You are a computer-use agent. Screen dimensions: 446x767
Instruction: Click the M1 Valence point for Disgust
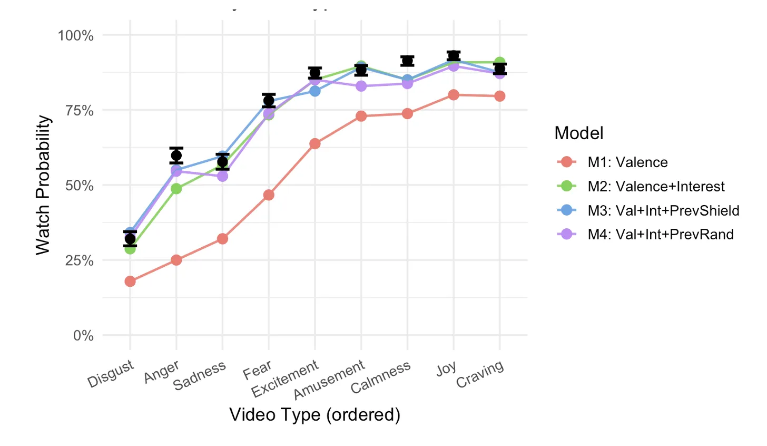point(130,282)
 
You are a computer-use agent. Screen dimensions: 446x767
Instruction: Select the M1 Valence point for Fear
point(269,195)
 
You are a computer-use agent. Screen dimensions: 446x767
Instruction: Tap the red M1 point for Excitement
point(315,144)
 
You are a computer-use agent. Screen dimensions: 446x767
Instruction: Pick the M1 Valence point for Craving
point(500,96)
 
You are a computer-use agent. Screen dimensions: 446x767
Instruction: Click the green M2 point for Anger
point(176,189)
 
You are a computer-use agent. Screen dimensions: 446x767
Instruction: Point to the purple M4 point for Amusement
point(361,86)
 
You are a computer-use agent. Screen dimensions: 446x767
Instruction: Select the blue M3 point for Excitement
point(315,91)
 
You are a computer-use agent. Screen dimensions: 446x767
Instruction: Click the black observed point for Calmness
point(407,61)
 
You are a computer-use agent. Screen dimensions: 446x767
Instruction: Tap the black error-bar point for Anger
point(176,156)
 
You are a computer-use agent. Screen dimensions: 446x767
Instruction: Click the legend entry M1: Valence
point(627,162)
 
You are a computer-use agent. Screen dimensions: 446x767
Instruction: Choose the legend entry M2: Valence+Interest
point(656,187)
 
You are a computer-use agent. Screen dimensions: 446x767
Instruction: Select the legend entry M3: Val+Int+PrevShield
point(663,211)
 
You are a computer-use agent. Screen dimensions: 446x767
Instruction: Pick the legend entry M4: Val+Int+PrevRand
point(661,235)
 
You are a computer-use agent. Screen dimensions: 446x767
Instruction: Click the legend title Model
point(579,133)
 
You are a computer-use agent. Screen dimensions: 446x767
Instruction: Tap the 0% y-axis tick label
point(83,336)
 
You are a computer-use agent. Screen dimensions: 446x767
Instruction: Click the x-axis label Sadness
point(200,375)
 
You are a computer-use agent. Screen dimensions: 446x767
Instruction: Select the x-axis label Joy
point(447,369)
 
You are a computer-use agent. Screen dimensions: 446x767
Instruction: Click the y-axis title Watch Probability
point(44,185)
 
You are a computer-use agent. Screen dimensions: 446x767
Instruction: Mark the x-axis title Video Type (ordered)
point(315,415)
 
